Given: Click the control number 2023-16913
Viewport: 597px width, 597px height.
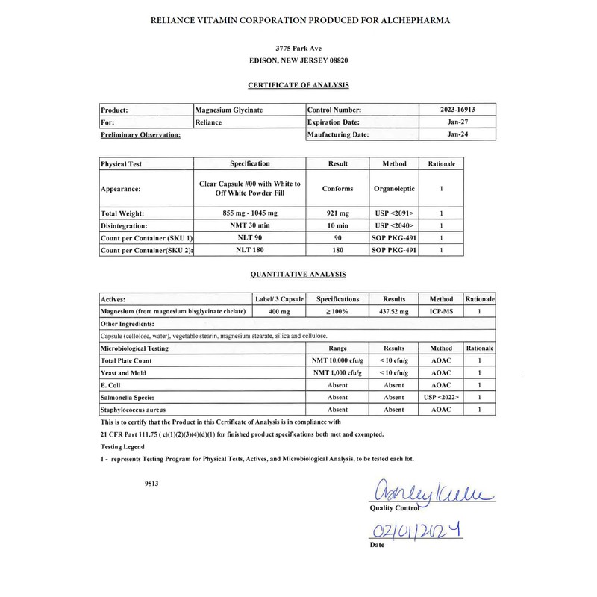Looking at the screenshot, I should pyautogui.click(x=457, y=109).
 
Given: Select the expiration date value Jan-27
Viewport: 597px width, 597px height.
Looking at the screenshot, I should pyautogui.click(x=457, y=122).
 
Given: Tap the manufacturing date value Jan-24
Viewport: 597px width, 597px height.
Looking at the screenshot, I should pyautogui.click(x=457, y=134).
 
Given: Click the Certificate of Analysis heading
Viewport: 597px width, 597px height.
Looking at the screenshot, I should pyautogui.click(x=298, y=85).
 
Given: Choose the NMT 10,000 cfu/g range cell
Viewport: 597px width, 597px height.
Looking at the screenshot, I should pyautogui.click(x=338, y=360).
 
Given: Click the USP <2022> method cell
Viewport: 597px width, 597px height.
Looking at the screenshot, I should pyautogui.click(x=440, y=398).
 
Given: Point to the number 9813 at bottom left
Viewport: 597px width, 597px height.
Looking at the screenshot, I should pyautogui.click(x=152, y=483).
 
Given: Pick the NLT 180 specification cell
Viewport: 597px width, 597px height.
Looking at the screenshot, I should pyautogui.click(x=250, y=250).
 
